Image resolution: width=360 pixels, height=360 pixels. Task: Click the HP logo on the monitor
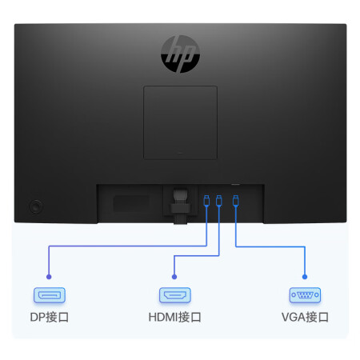pos(180,54)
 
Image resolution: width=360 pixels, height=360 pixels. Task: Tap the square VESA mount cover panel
pos(180,122)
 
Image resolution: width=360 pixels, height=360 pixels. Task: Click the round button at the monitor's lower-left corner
pos(35,206)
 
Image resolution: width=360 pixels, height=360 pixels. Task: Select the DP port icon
pos(50,295)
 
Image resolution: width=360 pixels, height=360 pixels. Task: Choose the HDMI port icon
pos(175,295)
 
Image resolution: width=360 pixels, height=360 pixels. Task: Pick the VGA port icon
pos(305,295)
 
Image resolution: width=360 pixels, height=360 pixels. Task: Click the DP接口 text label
pos(50,318)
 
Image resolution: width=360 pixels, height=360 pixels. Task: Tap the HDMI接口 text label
pos(175,318)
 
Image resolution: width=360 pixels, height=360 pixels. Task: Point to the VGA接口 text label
pos(305,318)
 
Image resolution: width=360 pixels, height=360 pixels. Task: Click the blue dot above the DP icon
pos(49,277)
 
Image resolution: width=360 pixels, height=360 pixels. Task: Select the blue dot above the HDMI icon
pos(174,277)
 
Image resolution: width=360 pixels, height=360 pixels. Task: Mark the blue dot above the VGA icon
pos(305,277)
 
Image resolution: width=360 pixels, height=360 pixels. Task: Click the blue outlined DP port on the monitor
pos(206,201)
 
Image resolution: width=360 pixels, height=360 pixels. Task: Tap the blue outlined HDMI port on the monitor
pos(219,200)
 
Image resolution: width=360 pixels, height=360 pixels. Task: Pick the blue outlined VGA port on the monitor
pos(235,201)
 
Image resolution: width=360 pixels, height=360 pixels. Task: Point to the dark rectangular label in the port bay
pos(131,203)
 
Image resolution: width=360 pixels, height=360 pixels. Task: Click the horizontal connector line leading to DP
pos(128,246)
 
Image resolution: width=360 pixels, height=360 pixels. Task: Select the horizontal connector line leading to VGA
pos(270,246)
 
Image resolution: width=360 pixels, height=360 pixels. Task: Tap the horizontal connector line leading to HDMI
pos(197,256)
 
